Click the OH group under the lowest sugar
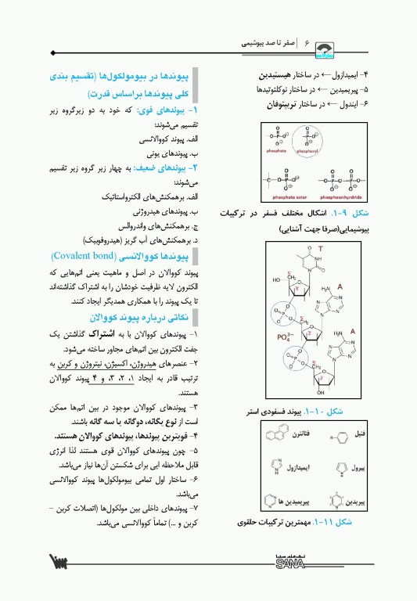320,391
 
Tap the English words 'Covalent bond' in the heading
84,255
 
